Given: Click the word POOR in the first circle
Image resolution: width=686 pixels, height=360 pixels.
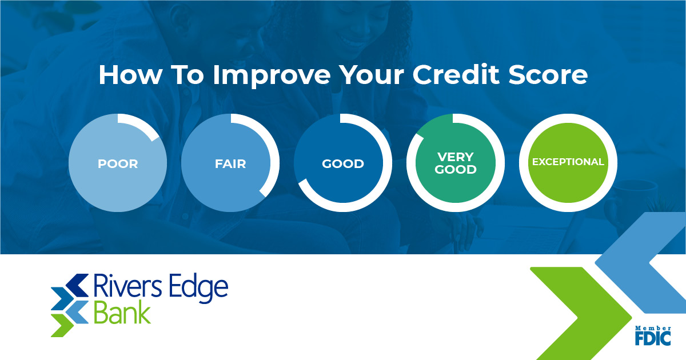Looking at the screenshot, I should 118,164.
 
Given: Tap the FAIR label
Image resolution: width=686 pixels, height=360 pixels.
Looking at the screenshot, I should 230,164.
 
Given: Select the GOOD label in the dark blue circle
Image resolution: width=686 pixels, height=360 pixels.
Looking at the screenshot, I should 343,164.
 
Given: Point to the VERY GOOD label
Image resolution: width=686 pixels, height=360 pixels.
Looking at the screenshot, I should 456,163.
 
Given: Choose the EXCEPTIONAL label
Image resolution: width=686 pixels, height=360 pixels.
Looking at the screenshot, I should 568,162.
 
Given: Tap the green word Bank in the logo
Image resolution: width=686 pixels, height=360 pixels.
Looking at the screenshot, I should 121,314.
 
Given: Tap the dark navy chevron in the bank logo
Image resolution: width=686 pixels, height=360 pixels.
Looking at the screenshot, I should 75,283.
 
